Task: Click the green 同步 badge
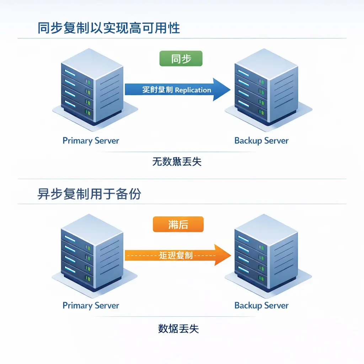click(x=181, y=59)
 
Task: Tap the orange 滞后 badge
click(x=178, y=225)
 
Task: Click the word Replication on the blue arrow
click(x=193, y=90)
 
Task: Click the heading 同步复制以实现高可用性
click(x=109, y=28)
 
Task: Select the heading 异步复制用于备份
click(x=89, y=194)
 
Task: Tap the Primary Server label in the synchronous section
click(x=91, y=140)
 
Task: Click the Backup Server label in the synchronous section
click(x=261, y=140)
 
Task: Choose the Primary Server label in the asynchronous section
click(x=91, y=305)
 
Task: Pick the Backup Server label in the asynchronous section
click(x=261, y=305)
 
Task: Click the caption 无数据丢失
click(x=177, y=162)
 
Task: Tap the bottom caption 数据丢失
click(x=178, y=328)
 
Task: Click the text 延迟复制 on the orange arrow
click(x=176, y=255)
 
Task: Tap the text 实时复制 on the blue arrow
click(x=157, y=90)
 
